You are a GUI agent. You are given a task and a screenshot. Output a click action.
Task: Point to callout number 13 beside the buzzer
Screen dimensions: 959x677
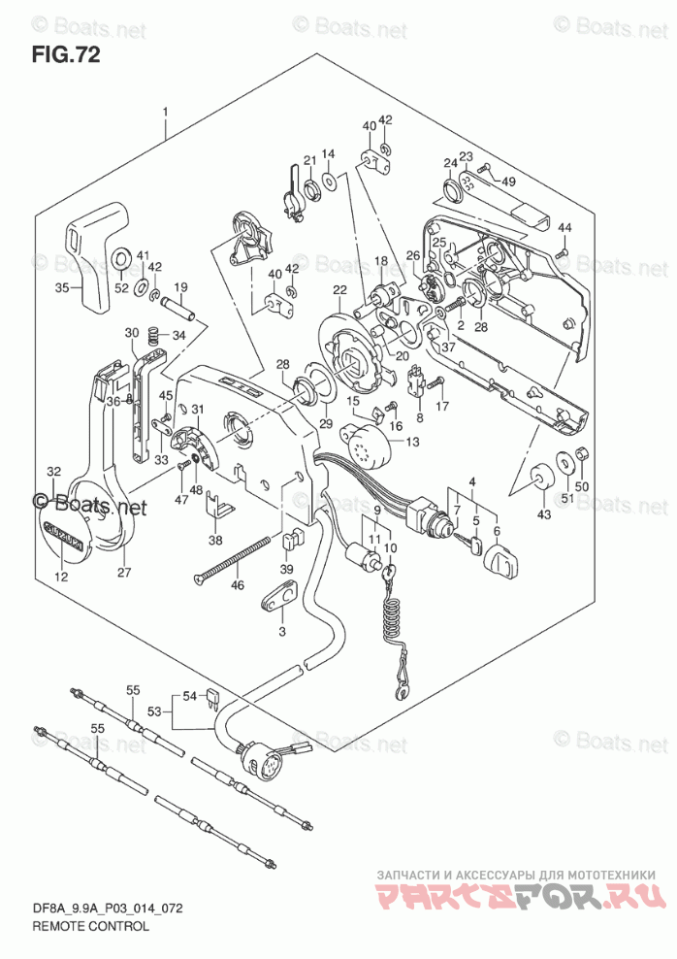pyautogui.click(x=413, y=442)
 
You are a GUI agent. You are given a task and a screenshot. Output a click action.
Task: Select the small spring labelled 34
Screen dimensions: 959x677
pyautogui.click(x=152, y=337)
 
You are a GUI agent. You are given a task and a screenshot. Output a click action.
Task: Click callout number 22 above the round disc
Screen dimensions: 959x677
pyautogui.click(x=339, y=290)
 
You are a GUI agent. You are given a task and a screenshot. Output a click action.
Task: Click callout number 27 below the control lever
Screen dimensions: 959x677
pyautogui.click(x=123, y=572)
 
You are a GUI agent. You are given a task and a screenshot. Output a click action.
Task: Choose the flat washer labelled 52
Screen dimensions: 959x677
pyautogui.click(x=122, y=258)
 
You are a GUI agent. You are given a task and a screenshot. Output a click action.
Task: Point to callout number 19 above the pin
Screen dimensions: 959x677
pyautogui.click(x=180, y=286)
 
